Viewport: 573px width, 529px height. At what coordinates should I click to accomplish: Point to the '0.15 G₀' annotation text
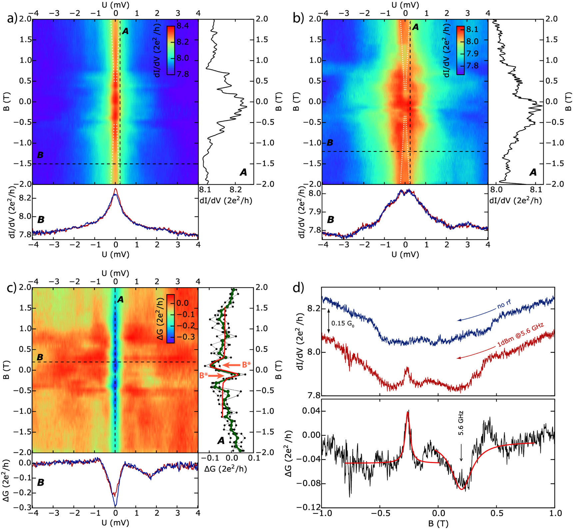(343, 323)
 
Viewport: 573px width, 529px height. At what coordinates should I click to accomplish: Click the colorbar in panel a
(170, 50)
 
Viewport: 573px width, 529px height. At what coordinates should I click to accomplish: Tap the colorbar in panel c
(170, 318)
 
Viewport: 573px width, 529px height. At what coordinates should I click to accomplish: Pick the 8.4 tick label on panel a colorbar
(183, 26)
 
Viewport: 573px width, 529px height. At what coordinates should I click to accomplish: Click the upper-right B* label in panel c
(246, 365)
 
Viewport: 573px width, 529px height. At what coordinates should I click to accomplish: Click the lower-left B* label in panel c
(204, 376)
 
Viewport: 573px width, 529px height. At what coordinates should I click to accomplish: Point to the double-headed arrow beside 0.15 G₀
(329, 321)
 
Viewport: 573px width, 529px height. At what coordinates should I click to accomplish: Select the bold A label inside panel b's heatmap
(415, 27)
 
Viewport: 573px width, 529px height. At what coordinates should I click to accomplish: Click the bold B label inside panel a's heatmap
(40, 155)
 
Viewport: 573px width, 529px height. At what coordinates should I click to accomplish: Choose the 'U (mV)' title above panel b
(405, 5)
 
